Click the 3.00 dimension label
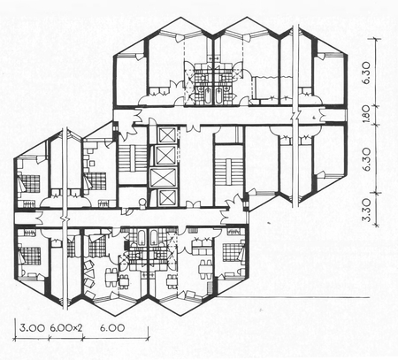[32, 327]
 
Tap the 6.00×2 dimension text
[65, 327]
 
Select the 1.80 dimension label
[365, 115]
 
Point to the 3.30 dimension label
[365, 210]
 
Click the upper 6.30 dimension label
[365, 73]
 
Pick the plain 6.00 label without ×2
[112, 327]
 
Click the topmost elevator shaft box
[166, 135]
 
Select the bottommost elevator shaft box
[167, 198]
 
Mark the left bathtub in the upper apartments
[207, 96]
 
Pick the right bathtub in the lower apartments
[154, 238]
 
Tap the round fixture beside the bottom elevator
[142, 203]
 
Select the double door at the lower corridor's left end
[39, 218]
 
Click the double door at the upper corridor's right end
[321, 115]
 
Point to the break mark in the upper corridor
[296, 115]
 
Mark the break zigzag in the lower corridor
[65, 219]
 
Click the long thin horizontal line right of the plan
[294, 297]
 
